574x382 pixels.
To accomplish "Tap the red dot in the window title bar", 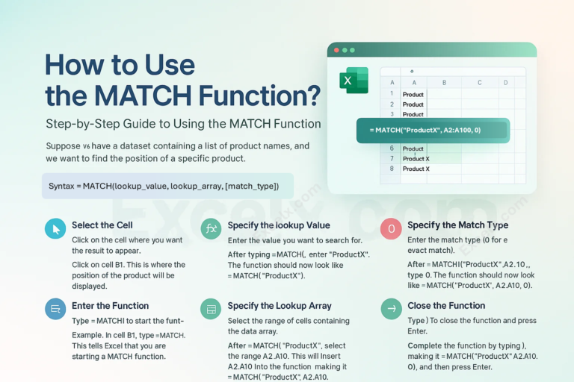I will tap(337, 50).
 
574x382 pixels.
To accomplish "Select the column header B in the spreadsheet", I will tap(444, 82).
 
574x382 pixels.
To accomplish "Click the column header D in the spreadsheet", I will tap(505, 82).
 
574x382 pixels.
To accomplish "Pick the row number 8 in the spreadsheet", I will tap(391, 169).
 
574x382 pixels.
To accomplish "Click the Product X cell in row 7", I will tap(416, 159).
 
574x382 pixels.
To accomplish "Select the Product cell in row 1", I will tap(413, 95).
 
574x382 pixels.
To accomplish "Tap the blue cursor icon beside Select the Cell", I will tap(55, 228).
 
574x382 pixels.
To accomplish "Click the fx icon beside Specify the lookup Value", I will tap(212, 228).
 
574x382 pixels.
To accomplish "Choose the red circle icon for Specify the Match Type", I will tap(391, 228).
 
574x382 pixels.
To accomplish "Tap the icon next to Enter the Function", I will tap(55, 308).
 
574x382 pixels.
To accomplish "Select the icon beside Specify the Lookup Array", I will tap(212, 308).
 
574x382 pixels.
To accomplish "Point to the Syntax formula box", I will tap(167, 186).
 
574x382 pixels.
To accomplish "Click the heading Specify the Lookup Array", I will tap(280, 306).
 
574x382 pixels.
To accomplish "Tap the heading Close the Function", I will tap(446, 306).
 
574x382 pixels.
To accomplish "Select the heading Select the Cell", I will tap(102, 225).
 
